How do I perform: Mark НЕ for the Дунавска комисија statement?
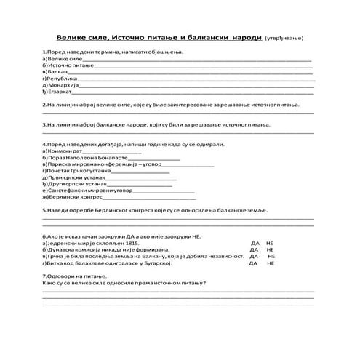[270, 250]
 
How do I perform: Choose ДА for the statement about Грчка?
[252, 257]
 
